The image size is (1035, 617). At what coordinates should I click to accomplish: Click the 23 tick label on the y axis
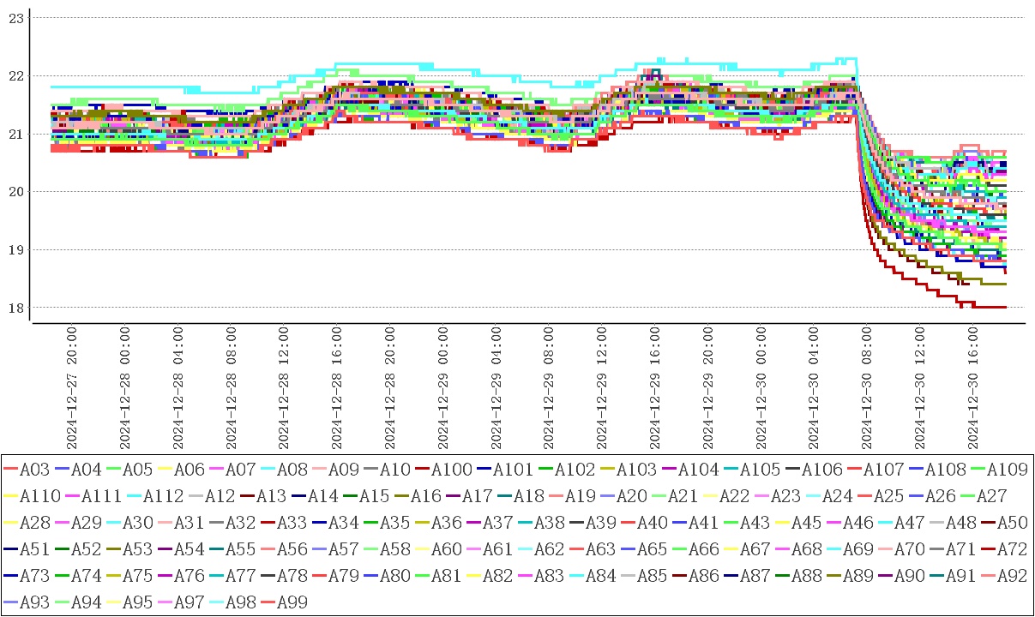14,17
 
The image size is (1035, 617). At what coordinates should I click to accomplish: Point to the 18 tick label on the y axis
14,308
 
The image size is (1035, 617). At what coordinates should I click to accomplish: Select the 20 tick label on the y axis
14,191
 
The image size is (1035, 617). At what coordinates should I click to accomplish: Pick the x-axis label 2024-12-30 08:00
867,386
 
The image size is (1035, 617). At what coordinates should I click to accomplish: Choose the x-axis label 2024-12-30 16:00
973,386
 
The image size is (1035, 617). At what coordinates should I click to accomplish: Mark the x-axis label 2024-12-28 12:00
284,386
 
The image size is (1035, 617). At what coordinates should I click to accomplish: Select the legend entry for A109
1008,469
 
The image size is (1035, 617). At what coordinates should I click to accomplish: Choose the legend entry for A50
1013,522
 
